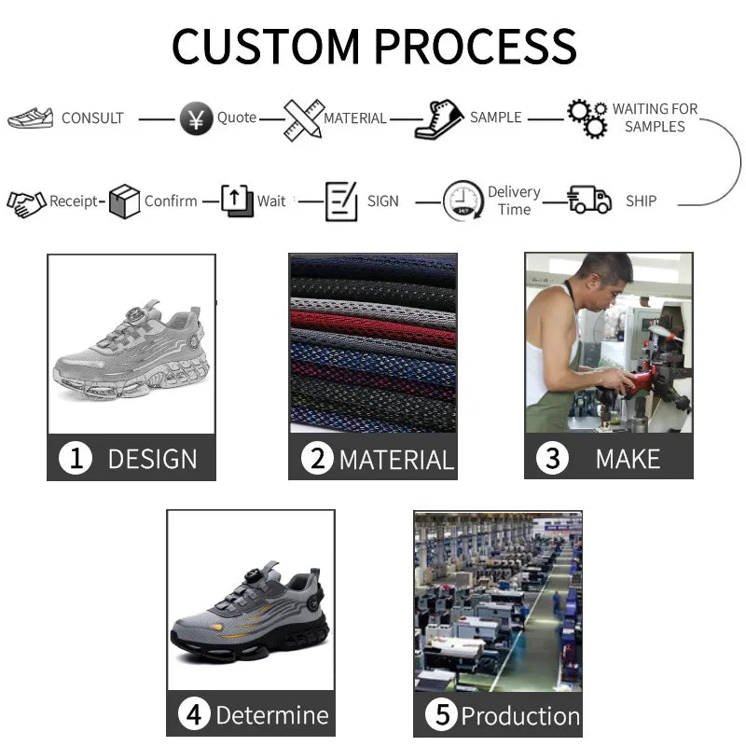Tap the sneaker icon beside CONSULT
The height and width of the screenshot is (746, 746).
(x=31, y=118)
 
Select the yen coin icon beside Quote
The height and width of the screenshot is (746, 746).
(x=196, y=119)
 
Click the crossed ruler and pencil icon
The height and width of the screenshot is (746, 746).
(x=303, y=119)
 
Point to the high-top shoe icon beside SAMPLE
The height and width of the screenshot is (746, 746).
(x=439, y=119)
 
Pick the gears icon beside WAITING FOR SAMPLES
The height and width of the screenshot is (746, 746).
(x=587, y=118)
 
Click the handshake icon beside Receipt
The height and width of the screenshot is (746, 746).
(x=26, y=202)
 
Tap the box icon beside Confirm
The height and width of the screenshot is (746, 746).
(x=124, y=201)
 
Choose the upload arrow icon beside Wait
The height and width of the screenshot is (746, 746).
(x=237, y=200)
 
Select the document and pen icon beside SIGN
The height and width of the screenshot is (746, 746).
(x=341, y=201)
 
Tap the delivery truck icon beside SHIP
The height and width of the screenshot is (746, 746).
(x=589, y=200)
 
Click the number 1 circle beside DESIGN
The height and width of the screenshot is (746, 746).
(x=76, y=459)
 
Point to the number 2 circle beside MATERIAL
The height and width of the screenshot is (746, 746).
(x=317, y=459)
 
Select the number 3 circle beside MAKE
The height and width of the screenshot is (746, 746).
(x=553, y=459)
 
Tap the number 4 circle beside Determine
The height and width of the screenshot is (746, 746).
(x=194, y=715)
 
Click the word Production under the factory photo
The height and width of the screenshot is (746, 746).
(x=520, y=716)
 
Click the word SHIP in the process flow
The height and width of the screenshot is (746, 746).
(x=641, y=201)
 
